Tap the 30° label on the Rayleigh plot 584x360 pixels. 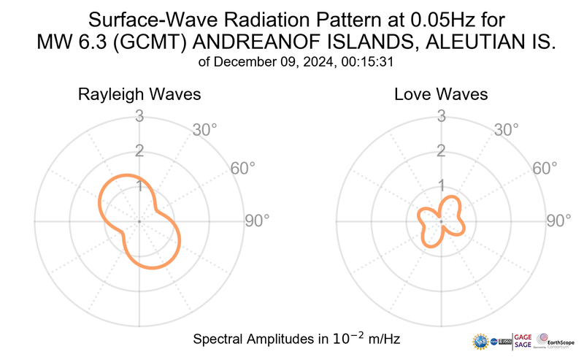(205, 131)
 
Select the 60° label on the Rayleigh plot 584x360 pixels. (243, 168)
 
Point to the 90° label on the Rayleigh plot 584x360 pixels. (257, 221)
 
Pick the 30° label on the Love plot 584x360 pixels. (508, 131)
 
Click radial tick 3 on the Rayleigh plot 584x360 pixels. (138, 115)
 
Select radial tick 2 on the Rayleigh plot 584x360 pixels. (138, 151)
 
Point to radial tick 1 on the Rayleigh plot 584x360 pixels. (138, 185)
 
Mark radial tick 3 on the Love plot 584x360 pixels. (441, 115)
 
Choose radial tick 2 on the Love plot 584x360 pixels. (441, 151)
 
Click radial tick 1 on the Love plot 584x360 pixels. (441, 185)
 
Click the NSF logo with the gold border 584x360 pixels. (480, 341)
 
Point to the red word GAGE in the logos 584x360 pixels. (523, 336)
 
